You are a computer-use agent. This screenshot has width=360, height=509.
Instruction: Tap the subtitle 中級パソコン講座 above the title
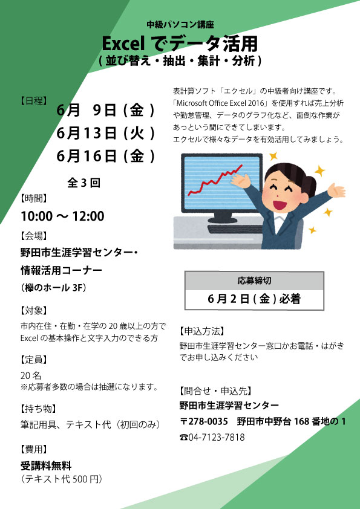180,25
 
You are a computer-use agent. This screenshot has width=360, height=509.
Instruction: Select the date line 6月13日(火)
106,134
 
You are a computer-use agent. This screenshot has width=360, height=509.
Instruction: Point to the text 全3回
83,183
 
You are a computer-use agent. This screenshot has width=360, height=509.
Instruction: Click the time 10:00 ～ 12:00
63,216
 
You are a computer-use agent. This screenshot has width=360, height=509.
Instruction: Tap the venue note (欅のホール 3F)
53,287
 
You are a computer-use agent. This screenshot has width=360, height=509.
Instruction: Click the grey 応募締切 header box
254,280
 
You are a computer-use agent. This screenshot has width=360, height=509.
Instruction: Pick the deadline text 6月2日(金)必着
254,299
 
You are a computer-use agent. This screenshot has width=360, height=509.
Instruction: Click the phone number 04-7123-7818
212,437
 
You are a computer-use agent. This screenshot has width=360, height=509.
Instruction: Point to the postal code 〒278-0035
204,421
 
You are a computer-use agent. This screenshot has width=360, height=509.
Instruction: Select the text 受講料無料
46,467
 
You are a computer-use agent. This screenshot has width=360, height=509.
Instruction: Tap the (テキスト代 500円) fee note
61,479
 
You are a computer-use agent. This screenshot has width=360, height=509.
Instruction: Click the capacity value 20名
31,375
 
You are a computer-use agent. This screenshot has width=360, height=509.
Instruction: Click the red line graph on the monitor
215,180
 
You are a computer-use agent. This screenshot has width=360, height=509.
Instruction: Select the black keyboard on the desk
235,230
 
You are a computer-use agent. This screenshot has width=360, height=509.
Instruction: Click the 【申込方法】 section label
201,331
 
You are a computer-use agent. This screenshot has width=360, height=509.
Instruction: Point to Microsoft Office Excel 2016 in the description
221,103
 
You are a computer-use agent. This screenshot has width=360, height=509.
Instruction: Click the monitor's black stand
222,218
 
